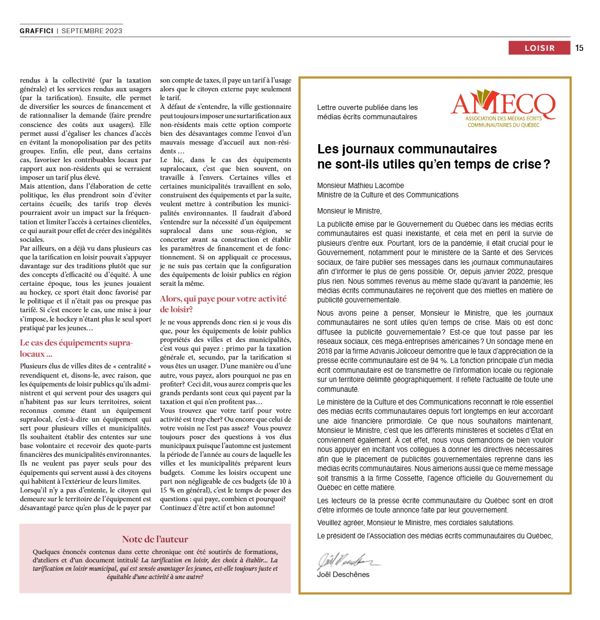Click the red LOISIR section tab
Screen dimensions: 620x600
coord(539,48)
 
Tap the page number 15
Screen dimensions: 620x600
coord(579,48)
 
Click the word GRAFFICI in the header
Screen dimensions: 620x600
coord(37,31)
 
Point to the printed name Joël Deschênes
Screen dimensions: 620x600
coord(343,575)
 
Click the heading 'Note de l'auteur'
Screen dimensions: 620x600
coord(155,539)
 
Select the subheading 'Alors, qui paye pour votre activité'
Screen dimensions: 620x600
coord(223,299)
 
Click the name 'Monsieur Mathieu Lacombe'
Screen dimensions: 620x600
coord(361,186)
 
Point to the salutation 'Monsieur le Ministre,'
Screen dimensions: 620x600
coord(349,211)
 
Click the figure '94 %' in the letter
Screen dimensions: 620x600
coord(439,361)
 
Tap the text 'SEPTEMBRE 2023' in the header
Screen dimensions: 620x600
coord(92,31)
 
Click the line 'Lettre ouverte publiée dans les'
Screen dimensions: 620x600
coord(367,107)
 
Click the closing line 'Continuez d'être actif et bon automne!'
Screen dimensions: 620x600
coord(217,508)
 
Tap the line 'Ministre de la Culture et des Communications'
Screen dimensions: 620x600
coord(388,195)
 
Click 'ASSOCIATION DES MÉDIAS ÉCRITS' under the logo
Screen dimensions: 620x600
coord(503,119)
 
